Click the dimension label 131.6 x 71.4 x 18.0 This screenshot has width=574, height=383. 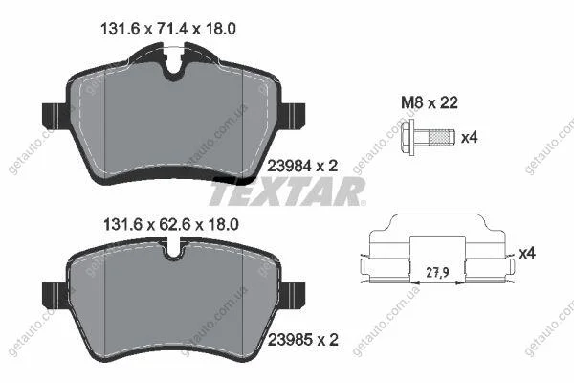pos(168,29)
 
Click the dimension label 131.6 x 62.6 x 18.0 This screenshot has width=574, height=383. pos(171,224)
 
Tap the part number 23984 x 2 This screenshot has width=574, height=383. pos(302,167)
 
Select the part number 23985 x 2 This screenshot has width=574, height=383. pos(303,340)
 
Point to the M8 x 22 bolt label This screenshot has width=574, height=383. pos(430,103)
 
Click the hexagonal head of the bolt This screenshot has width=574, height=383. pos(408,137)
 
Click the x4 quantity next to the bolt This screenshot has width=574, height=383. pos(470,138)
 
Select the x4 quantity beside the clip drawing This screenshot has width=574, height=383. pos(527,253)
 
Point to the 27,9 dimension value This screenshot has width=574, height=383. pos(438,272)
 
